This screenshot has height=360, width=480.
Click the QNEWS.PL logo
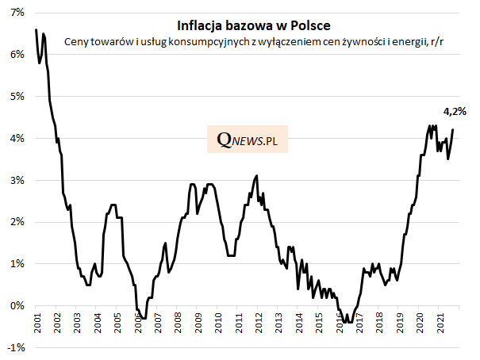(x=249, y=140)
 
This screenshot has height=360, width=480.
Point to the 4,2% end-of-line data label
(x=453, y=113)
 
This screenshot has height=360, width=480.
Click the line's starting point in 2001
(x=36, y=29)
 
